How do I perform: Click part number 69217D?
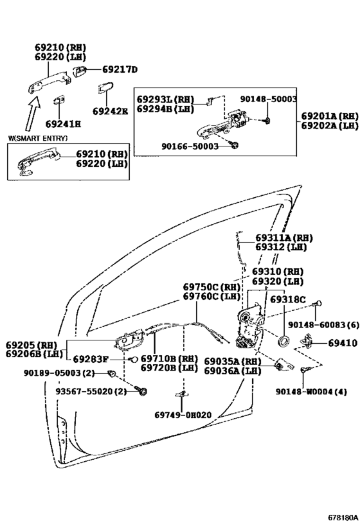tap(120, 70)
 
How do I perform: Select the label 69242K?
tap(110, 111)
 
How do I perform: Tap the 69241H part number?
tap(64, 124)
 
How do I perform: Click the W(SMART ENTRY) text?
tap(38, 138)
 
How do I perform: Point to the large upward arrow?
tap(33, 112)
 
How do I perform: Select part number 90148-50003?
tap(268, 99)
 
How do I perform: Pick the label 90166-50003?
tap(190, 146)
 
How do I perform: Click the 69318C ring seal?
tap(283, 341)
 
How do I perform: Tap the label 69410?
tap(343, 343)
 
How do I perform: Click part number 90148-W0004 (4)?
tap(311, 392)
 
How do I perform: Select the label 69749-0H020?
tap(183, 415)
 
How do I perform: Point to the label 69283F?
tap(91, 360)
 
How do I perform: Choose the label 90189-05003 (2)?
tap(59, 373)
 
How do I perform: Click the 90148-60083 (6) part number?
tap(323, 325)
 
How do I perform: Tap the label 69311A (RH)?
tap(283, 238)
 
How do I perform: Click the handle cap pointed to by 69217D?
tap(80, 71)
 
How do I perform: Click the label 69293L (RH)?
tap(165, 100)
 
